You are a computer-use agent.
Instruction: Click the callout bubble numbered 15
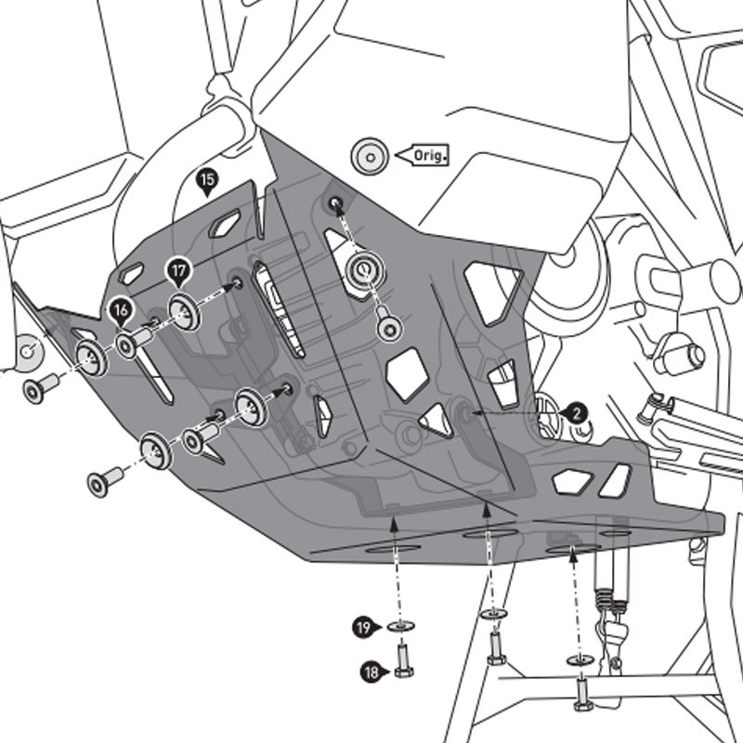tap(207, 179)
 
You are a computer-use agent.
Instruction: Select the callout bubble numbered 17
tap(178, 271)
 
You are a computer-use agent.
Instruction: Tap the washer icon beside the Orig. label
tap(370, 154)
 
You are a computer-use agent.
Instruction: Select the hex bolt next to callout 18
tap(402, 661)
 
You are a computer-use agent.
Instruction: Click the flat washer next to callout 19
tap(401, 629)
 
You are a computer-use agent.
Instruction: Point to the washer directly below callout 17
tap(184, 311)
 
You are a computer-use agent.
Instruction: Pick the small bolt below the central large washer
tap(388, 326)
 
